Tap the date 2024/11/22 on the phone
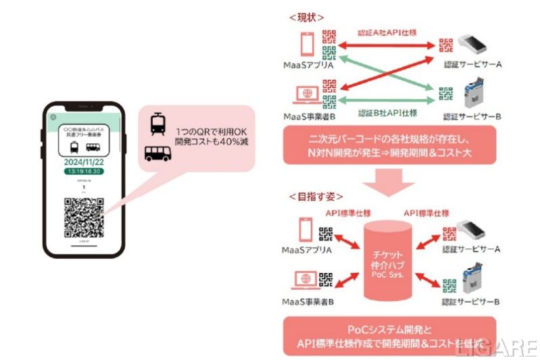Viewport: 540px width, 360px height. [84, 162]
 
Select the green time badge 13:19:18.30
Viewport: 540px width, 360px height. [84, 172]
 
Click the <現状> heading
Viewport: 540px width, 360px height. [305, 16]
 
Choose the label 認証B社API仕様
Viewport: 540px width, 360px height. [387, 113]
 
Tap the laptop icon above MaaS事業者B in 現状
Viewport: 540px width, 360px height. [305, 92]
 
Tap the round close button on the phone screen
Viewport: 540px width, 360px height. [53, 117]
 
